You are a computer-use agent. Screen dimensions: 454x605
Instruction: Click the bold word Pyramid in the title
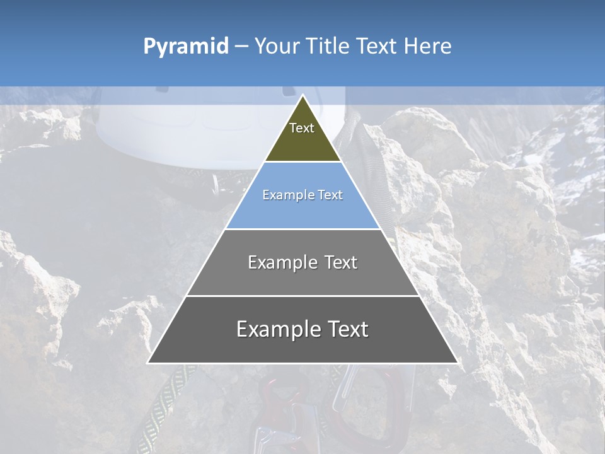coord(185,47)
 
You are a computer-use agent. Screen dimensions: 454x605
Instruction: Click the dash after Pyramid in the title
coord(241,47)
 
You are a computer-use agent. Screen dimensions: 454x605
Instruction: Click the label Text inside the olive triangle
coord(302,128)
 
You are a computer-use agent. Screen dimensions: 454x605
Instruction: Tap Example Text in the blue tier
coord(302,195)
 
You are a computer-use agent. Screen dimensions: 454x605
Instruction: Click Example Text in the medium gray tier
coord(302,262)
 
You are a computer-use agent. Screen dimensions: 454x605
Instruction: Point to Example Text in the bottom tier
coord(302,329)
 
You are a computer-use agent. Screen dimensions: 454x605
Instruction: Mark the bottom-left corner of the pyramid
coord(149,362)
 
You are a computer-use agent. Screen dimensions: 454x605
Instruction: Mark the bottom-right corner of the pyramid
coord(457,362)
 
